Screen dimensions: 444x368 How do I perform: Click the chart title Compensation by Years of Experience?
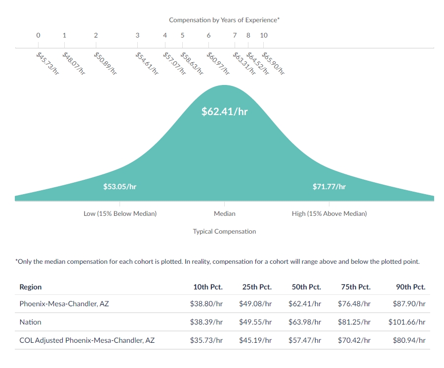tap(224, 20)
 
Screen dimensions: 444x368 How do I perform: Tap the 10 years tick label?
tap(264, 35)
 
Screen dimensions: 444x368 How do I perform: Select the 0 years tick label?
tap(38, 35)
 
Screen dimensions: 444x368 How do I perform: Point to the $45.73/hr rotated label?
tap(47, 63)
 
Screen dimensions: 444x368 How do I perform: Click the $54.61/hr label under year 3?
tap(147, 63)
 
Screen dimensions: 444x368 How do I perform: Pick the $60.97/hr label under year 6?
tap(218, 63)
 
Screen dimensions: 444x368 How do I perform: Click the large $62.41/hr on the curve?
tap(225, 111)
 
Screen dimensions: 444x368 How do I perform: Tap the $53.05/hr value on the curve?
tap(120, 186)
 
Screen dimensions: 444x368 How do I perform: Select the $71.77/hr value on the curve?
tap(329, 186)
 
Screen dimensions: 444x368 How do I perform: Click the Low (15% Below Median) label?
tap(120, 213)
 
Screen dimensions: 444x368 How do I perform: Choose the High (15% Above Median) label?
tap(329, 213)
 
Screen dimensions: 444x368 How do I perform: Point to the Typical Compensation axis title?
tap(224, 232)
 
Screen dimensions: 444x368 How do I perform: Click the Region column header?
tap(31, 287)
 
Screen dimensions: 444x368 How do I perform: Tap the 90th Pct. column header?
tap(410, 287)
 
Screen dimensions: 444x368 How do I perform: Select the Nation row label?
tap(30, 322)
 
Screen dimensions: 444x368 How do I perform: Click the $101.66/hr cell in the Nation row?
tap(407, 322)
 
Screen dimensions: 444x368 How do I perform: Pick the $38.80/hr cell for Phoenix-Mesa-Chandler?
tap(206, 304)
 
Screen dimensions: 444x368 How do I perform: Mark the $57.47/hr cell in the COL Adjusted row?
tap(305, 340)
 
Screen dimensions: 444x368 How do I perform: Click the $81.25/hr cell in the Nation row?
tap(354, 322)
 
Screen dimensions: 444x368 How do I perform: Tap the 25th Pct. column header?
tap(257, 287)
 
